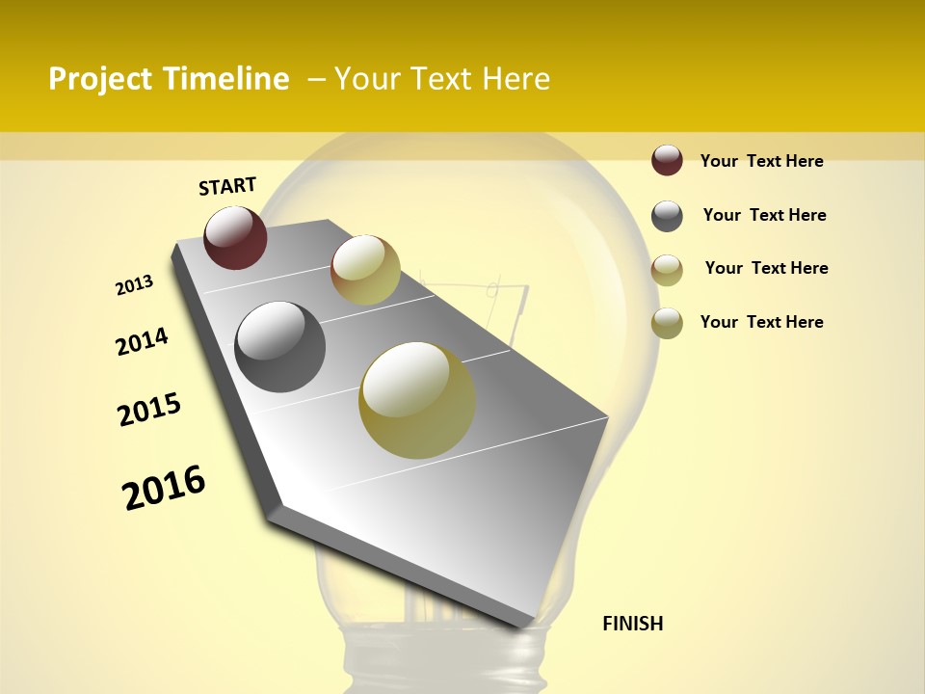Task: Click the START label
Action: click(227, 186)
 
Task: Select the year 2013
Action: click(134, 285)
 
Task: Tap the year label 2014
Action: click(142, 342)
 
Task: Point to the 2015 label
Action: click(149, 410)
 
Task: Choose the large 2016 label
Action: click(164, 487)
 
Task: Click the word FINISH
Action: click(632, 624)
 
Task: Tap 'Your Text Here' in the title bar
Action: click(441, 79)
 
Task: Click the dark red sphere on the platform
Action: click(235, 237)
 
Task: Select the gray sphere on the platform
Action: click(279, 347)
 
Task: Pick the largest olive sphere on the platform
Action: click(417, 400)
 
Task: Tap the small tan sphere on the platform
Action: click(365, 270)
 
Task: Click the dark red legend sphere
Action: click(667, 160)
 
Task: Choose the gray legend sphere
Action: click(667, 216)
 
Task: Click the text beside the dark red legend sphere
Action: click(761, 161)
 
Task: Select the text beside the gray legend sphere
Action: click(764, 215)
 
